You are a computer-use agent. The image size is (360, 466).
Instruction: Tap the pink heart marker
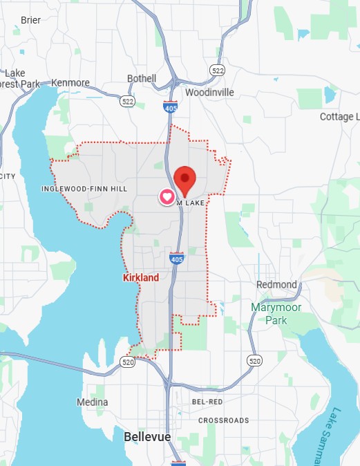(167, 197)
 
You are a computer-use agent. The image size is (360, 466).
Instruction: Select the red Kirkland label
(140, 278)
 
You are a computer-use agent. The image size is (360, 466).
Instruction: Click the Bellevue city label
(147, 437)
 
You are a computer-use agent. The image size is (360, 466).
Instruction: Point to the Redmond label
(276, 285)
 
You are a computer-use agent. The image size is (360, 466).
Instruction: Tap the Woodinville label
(209, 92)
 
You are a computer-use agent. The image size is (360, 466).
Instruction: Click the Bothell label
(142, 79)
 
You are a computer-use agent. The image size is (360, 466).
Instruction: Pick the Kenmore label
(70, 83)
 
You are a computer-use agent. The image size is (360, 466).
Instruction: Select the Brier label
(30, 20)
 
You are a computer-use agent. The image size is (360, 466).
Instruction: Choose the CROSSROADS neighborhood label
(223, 420)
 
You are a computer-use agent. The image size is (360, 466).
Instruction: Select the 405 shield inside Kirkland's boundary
(176, 259)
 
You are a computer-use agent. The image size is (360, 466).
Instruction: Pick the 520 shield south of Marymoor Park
(255, 361)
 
